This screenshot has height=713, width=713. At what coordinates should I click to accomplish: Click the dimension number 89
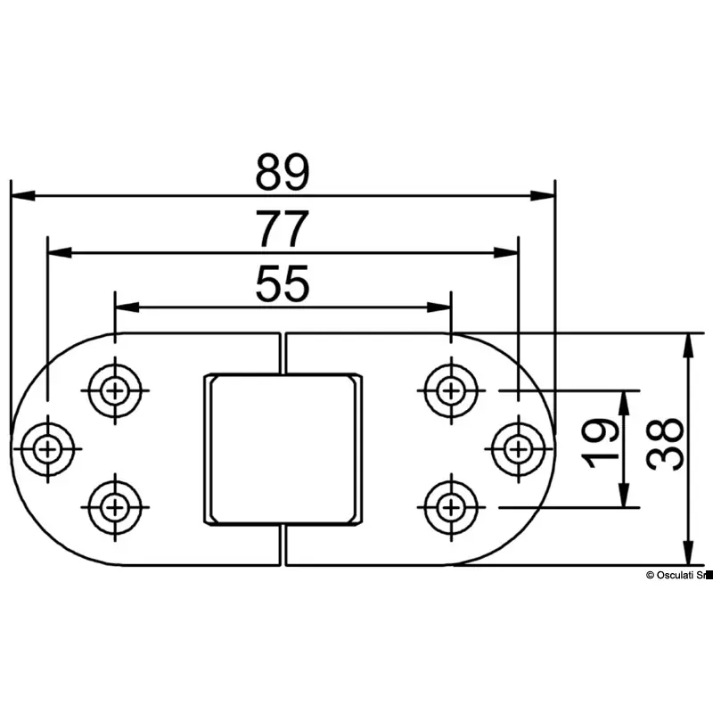[282, 173]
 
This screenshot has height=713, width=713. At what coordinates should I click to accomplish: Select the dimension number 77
[283, 230]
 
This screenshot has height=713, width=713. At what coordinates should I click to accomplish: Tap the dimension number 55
[283, 285]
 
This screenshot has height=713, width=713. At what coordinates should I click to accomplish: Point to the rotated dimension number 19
[604, 443]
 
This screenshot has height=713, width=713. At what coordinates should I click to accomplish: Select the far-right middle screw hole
[516, 444]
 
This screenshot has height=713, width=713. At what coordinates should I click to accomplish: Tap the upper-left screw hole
[114, 389]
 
